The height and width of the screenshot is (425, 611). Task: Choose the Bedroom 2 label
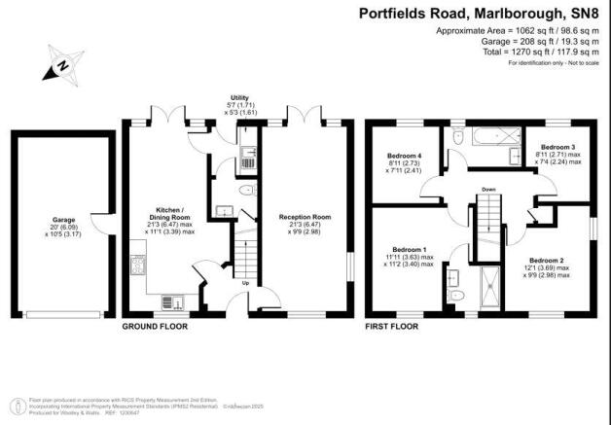coord(548,260)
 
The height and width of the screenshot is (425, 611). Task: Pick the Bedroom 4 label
coord(404,157)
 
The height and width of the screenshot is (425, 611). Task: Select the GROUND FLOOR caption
coord(155,327)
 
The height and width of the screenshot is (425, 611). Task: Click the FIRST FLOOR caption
coord(391,327)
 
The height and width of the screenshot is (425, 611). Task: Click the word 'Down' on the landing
coord(490,190)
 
